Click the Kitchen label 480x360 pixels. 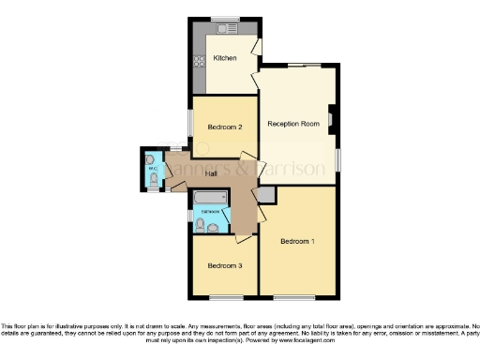tap(224, 59)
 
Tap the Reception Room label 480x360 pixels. tap(293, 124)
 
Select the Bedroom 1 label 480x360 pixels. tap(298, 242)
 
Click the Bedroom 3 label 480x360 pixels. tap(225, 265)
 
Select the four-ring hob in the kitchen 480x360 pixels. tap(199, 62)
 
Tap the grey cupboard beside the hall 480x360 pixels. tap(266, 194)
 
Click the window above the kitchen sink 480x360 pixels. tap(225, 19)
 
